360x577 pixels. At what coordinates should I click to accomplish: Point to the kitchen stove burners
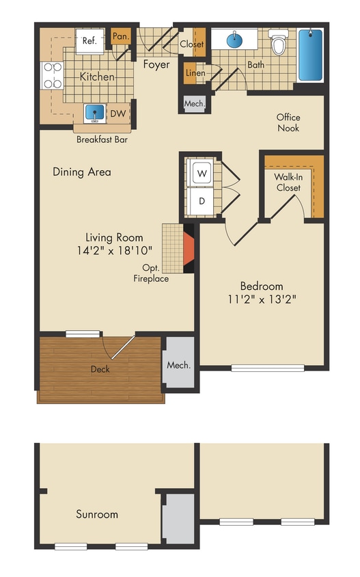pyautogui.click(x=51, y=76)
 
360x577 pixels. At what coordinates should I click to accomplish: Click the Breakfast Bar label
pyautogui.click(x=102, y=139)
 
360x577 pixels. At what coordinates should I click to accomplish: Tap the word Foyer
pyautogui.click(x=156, y=65)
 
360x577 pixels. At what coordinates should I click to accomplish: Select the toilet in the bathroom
pyautogui.click(x=278, y=43)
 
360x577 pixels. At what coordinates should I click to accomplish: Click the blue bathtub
pyautogui.click(x=311, y=55)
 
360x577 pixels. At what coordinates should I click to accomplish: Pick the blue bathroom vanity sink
pyautogui.click(x=235, y=39)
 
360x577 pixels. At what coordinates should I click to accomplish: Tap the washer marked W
pyautogui.click(x=202, y=174)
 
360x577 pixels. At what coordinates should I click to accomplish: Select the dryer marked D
pyautogui.click(x=202, y=201)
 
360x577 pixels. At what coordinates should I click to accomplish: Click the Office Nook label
pyautogui.click(x=288, y=122)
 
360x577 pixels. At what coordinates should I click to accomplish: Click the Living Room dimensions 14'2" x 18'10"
pyautogui.click(x=115, y=251)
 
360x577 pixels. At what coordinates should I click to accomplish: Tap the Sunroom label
pyautogui.click(x=97, y=514)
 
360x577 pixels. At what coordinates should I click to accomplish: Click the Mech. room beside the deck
pyautogui.click(x=179, y=365)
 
